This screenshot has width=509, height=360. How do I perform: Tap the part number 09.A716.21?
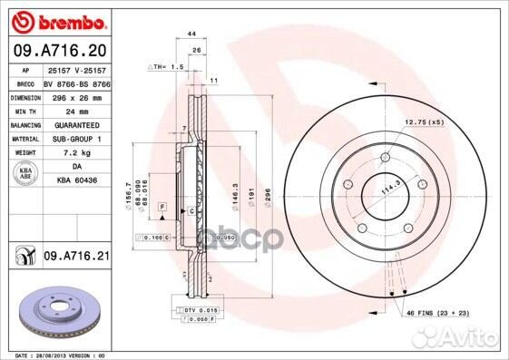pyautogui.click(x=76, y=258)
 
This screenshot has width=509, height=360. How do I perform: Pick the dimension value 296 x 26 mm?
pyautogui.click(x=77, y=96)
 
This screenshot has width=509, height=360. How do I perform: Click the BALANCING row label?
pyautogui.click(x=24, y=124)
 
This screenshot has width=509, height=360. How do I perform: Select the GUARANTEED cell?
pyautogui.click(x=76, y=124)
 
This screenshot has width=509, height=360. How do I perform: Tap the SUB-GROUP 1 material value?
pyautogui.click(x=76, y=138)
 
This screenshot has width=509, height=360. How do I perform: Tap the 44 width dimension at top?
pyautogui.click(x=191, y=33)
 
